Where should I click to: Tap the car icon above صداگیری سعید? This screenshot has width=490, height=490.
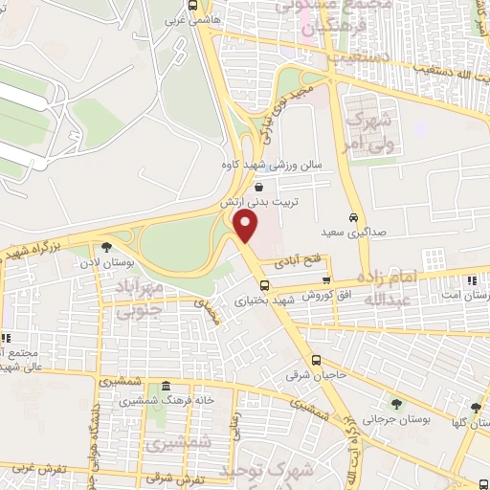tap(352, 216)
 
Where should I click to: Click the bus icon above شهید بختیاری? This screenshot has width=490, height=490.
tap(264, 284)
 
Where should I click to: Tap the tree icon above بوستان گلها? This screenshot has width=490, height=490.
tap(476, 408)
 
